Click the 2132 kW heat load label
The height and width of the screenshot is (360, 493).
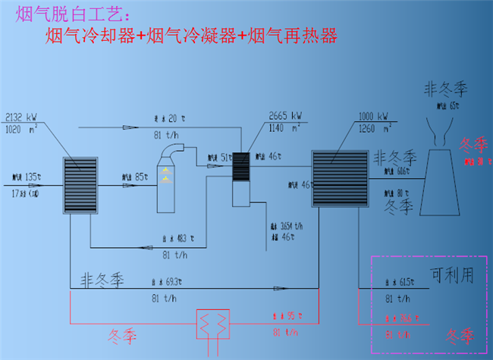click(20, 118)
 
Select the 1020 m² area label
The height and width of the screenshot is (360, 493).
click(20, 129)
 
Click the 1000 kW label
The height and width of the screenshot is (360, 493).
click(372, 117)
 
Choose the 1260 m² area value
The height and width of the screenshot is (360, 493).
click(372, 128)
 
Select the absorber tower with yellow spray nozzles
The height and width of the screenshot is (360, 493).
click(168, 182)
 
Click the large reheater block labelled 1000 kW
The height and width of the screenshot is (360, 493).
click(339, 179)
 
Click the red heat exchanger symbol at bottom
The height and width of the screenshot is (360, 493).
click(213, 325)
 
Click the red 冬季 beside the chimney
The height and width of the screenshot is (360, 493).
click(470, 145)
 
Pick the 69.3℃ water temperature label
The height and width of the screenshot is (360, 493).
click(174, 282)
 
